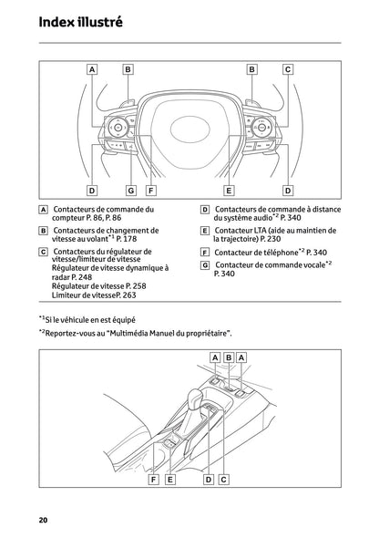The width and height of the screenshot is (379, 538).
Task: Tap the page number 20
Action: click(43, 519)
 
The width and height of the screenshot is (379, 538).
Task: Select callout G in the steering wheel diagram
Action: click(130, 191)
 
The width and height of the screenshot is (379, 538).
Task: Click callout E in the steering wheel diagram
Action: click(229, 191)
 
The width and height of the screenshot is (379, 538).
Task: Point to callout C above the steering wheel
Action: click(288, 68)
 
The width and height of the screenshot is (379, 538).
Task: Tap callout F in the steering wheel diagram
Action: click(150, 191)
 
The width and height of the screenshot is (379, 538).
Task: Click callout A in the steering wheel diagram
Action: click(92, 68)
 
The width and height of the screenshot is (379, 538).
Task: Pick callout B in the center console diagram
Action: click(229, 357)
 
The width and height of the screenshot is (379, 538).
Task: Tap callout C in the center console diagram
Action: click(223, 479)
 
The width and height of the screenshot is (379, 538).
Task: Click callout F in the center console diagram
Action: click(154, 479)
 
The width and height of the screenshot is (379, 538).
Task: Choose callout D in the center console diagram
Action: click(208, 479)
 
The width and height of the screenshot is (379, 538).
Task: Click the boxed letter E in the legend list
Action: click(205, 232)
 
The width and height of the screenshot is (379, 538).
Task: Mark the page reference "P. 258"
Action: click(135, 285)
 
